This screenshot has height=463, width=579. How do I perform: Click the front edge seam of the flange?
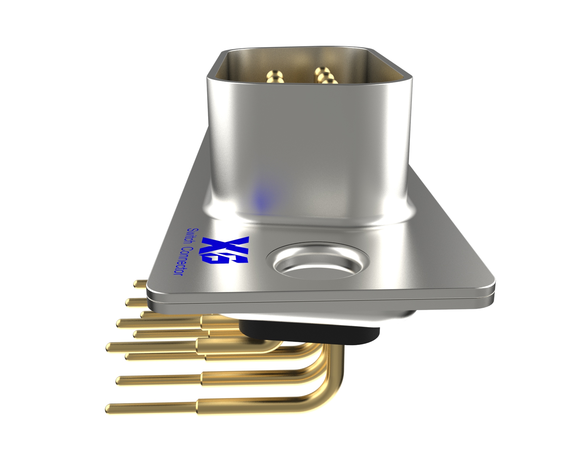318,299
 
